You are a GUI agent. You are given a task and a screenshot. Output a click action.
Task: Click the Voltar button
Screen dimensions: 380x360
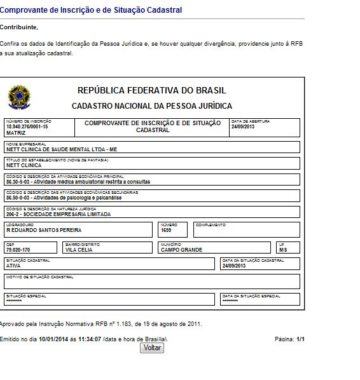tap(152, 348)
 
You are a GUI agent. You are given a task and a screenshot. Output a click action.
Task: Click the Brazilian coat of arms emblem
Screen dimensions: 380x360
tap(18, 97)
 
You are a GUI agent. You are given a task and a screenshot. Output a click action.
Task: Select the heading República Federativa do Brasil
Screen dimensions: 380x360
tap(151, 90)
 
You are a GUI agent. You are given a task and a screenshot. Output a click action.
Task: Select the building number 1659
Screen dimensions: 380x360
tap(167, 229)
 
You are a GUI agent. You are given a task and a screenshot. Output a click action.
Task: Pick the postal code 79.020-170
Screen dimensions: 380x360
tap(18, 250)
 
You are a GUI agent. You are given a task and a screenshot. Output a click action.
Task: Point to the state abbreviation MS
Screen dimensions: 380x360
tap(283, 250)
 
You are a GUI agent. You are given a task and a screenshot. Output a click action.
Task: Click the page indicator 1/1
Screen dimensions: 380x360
tap(300, 339)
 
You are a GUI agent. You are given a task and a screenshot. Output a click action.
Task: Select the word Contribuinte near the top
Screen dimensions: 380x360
tap(18, 27)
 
